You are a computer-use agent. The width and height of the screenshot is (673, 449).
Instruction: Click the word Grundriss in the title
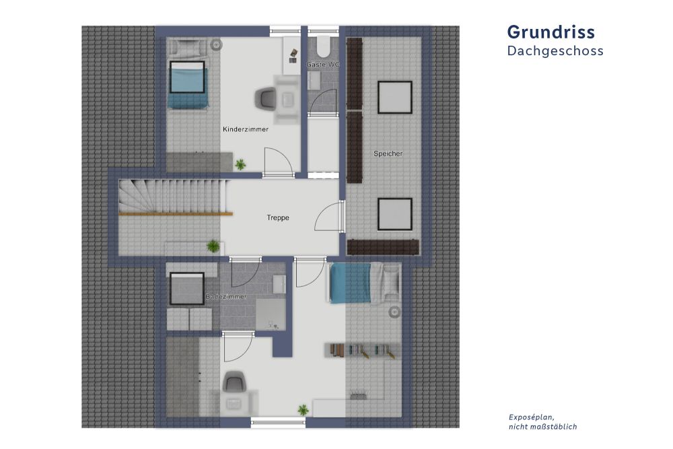(551, 32)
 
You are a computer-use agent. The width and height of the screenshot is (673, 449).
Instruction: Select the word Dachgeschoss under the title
(555, 50)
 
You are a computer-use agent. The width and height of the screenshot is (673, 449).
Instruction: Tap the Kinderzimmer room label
(246, 129)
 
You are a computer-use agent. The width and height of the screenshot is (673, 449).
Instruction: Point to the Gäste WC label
(323, 64)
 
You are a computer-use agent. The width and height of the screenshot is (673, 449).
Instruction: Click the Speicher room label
(388, 153)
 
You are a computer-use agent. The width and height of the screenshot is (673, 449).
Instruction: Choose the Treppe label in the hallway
(277, 217)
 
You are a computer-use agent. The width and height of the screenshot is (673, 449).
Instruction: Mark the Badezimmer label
(226, 296)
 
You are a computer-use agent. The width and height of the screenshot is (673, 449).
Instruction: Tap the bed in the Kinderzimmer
(186, 84)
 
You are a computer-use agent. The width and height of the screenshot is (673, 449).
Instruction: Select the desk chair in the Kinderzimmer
(264, 99)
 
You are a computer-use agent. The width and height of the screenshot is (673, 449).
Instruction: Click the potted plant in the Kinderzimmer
(240, 164)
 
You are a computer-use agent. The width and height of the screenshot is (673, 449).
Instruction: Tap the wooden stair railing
(176, 213)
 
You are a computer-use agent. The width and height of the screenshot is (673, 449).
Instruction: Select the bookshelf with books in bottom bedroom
(360, 350)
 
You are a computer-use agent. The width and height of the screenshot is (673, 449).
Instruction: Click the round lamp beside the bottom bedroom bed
(395, 311)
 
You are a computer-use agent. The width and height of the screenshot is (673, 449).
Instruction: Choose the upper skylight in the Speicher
(394, 97)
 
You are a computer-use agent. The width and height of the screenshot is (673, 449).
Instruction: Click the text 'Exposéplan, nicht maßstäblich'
(543, 421)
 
